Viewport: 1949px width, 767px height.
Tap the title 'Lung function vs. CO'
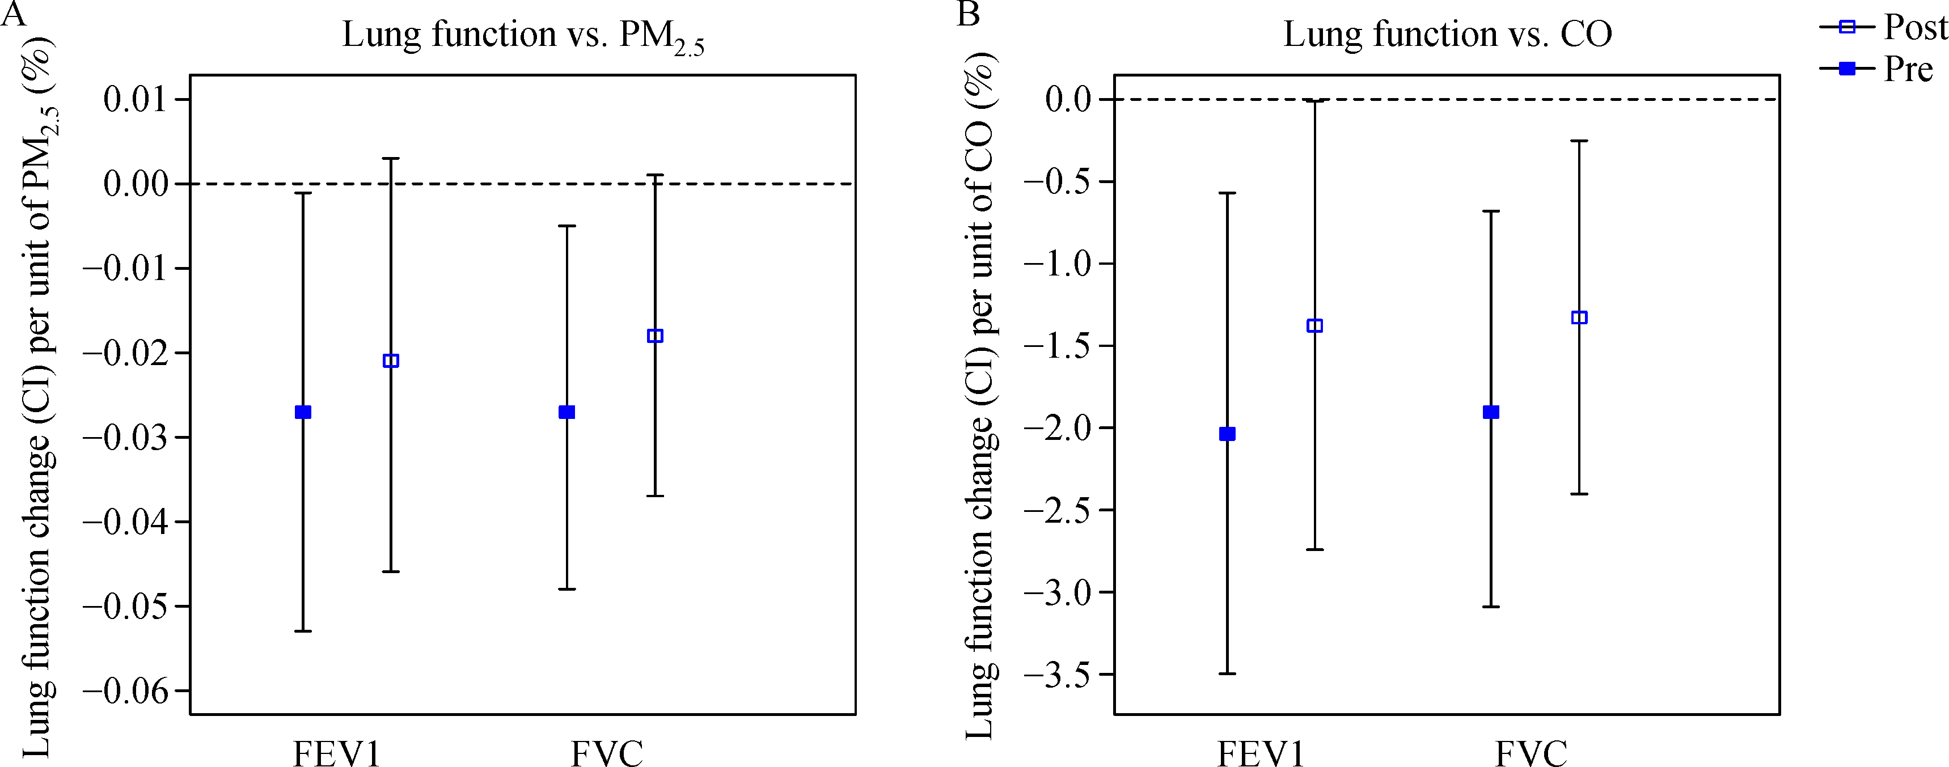(1447, 34)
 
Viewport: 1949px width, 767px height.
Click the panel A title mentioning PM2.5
(523, 36)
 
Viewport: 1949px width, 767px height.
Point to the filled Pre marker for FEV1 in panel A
(303, 412)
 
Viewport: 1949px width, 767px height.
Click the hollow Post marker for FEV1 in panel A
(390, 361)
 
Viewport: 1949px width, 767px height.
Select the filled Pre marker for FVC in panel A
(566, 412)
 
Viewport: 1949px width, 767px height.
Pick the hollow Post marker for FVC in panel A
(655, 336)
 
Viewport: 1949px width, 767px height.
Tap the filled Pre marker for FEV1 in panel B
(1227, 434)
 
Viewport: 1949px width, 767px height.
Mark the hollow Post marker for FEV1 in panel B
(1315, 326)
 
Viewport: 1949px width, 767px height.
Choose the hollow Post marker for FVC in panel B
(1579, 317)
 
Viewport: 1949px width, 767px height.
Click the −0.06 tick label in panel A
(124, 690)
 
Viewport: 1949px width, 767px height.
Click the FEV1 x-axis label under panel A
(337, 753)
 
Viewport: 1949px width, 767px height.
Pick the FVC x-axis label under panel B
(1531, 753)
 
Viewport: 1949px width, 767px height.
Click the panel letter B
(969, 14)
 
